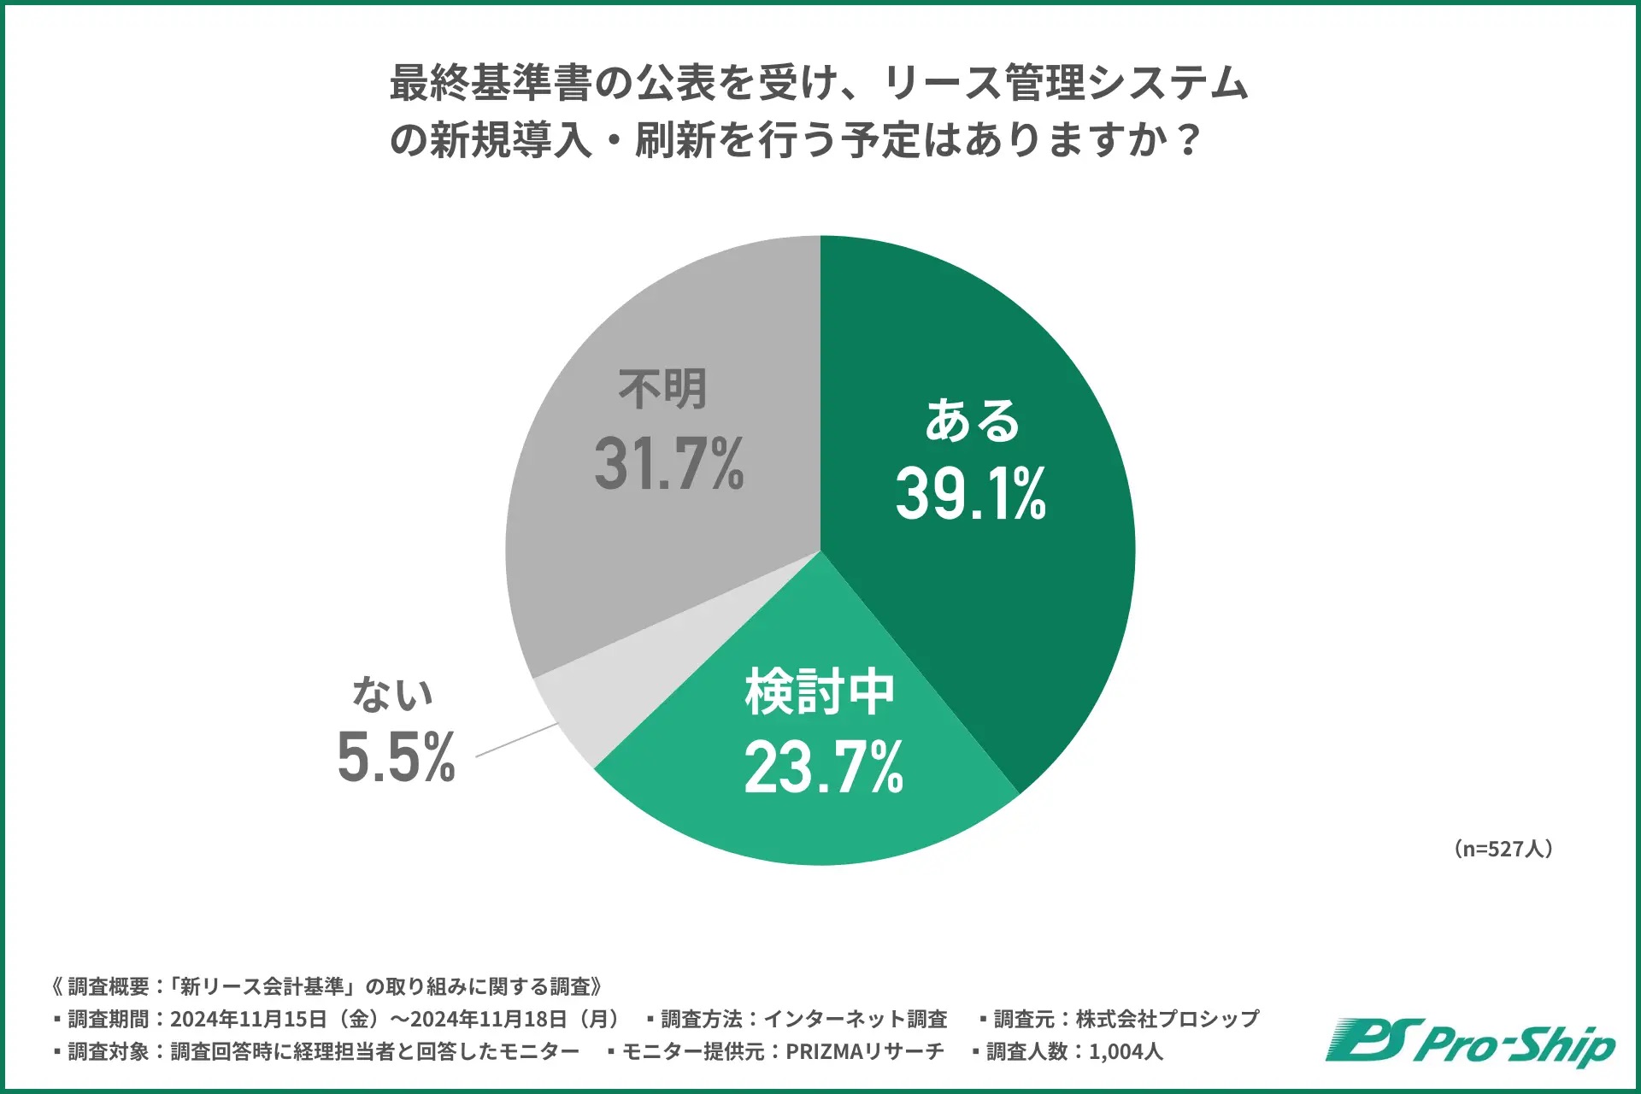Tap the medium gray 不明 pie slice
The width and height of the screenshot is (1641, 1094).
[x=615, y=547]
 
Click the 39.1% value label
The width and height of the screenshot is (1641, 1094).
[x=970, y=494]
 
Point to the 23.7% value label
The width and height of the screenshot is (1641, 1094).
[x=823, y=767]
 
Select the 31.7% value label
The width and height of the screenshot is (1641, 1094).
[x=668, y=464]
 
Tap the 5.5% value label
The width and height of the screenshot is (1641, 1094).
[x=396, y=757]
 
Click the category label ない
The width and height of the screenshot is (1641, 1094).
[x=393, y=693]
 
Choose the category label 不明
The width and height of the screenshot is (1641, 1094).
[x=662, y=390]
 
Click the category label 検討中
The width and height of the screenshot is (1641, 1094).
[x=820, y=692]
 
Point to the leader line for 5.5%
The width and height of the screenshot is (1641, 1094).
[x=516, y=740]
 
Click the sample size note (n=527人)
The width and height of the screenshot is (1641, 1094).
[x=1503, y=849]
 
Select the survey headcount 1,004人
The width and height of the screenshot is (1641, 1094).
[x=1126, y=1051]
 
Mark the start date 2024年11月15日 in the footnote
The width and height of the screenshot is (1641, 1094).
[x=249, y=1019]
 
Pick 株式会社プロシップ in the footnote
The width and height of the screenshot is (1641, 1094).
[x=1167, y=1019]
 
